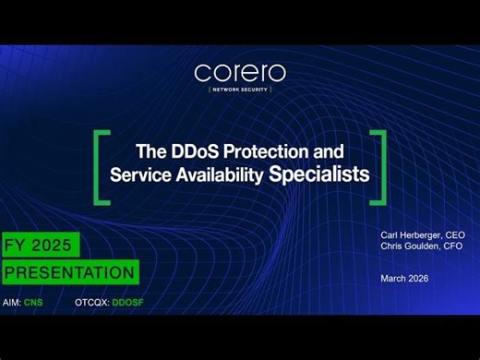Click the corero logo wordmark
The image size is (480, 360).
(x=240, y=72)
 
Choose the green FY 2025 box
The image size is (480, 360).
(x=41, y=245)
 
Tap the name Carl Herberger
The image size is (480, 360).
(x=410, y=234)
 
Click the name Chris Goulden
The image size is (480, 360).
(x=410, y=246)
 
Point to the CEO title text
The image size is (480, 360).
(x=455, y=234)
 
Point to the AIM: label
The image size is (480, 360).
(x=12, y=303)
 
